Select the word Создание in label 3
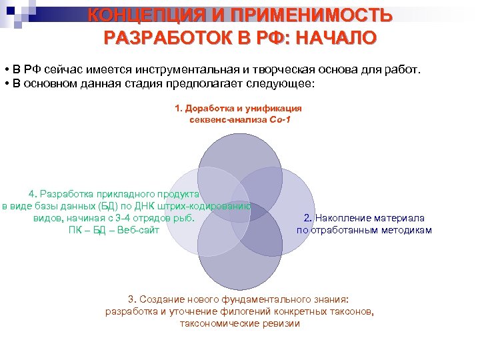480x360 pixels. pyautogui.click(x=159, y=300)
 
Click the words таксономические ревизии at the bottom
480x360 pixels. pyautogui.click(x=240, y=324)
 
